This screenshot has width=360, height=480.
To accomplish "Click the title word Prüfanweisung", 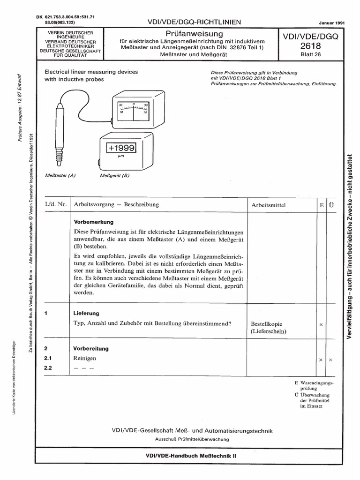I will (195, 34).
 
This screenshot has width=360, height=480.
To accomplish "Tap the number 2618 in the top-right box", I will (306, 46).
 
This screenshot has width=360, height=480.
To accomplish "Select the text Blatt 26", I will (306, 55).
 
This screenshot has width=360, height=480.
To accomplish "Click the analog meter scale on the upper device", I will (133, 109).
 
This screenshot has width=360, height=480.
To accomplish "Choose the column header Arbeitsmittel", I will (268, 205).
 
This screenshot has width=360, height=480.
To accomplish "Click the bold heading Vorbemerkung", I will (94, 221).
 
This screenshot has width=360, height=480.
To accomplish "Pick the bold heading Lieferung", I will (86, 313).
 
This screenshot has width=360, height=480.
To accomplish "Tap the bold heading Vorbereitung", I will (91, 348).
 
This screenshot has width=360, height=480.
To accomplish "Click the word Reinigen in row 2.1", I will (85, 358).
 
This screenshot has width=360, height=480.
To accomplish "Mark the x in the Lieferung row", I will (321, 324).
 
